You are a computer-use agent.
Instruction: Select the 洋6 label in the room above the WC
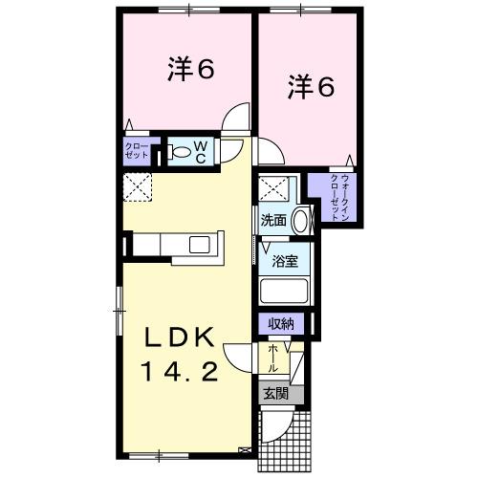point(187,73)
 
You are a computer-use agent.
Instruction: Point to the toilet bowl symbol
point(181,150)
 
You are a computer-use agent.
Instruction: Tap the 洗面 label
point(273,220)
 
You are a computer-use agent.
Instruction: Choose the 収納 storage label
point(279,325)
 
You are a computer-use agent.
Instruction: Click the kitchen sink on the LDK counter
point(202,244)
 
